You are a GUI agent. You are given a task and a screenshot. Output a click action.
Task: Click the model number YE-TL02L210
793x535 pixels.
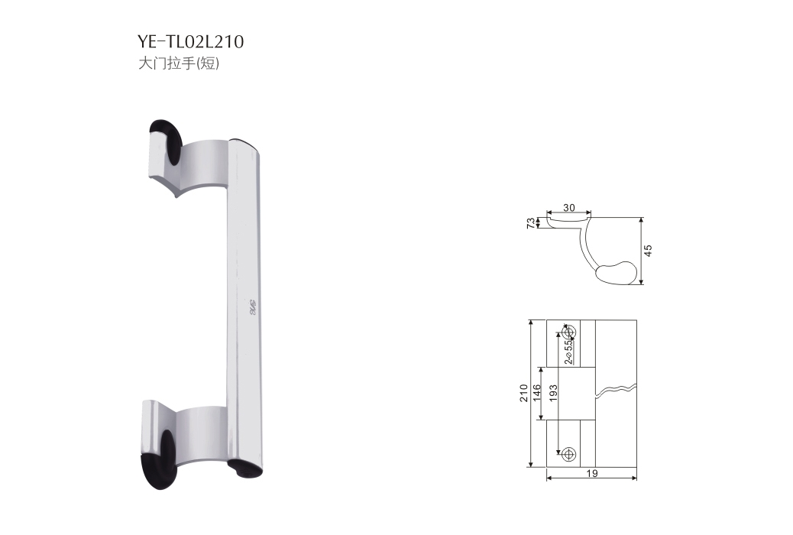[190, 42]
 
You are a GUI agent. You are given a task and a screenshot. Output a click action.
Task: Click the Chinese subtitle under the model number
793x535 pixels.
[178, 64]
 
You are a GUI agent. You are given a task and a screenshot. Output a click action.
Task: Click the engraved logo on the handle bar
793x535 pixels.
[250, 310]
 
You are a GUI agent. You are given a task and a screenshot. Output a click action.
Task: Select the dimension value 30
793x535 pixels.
[568, 208]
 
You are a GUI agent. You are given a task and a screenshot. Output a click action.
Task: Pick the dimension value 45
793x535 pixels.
[649, 251]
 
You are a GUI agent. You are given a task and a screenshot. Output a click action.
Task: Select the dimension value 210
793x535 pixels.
[524, 394]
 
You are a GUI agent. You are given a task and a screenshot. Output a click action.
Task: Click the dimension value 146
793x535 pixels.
[537, 394]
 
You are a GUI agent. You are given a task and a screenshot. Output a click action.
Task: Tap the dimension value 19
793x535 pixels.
[592, 474]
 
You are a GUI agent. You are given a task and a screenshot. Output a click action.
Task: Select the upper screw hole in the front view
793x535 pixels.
[569, 331]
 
